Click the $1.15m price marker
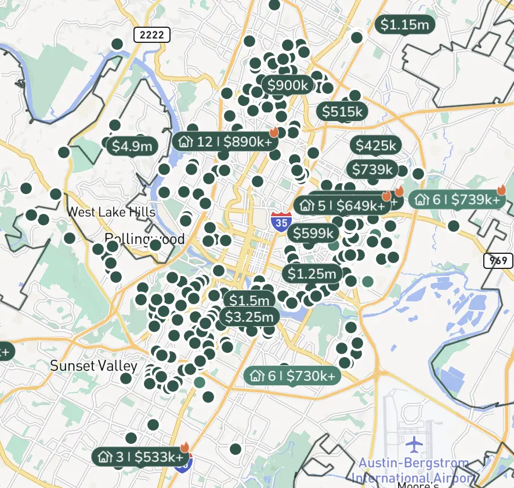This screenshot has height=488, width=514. point(405,24)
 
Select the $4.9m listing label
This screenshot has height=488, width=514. point(132,146)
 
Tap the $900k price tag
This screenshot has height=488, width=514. point(288,86)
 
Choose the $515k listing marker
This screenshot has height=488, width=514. point(342,111)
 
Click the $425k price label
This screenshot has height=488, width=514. point(375,145)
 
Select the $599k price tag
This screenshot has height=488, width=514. point(314,233)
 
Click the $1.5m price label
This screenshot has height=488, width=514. point(249,300)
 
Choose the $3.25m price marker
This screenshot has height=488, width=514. point(249,317)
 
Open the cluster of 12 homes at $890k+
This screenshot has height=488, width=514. point(225,141)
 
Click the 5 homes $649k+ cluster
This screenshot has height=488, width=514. point(342,206)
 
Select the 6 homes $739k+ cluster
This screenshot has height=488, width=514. point(457,200)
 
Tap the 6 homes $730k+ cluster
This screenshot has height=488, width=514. point(292,376)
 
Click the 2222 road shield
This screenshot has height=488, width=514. point(152,35)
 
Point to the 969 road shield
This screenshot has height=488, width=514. point(497,261)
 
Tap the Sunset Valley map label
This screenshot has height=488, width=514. point(93,366)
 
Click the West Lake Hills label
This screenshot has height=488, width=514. point(111,212)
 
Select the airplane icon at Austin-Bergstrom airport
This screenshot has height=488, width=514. point(413,445)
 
